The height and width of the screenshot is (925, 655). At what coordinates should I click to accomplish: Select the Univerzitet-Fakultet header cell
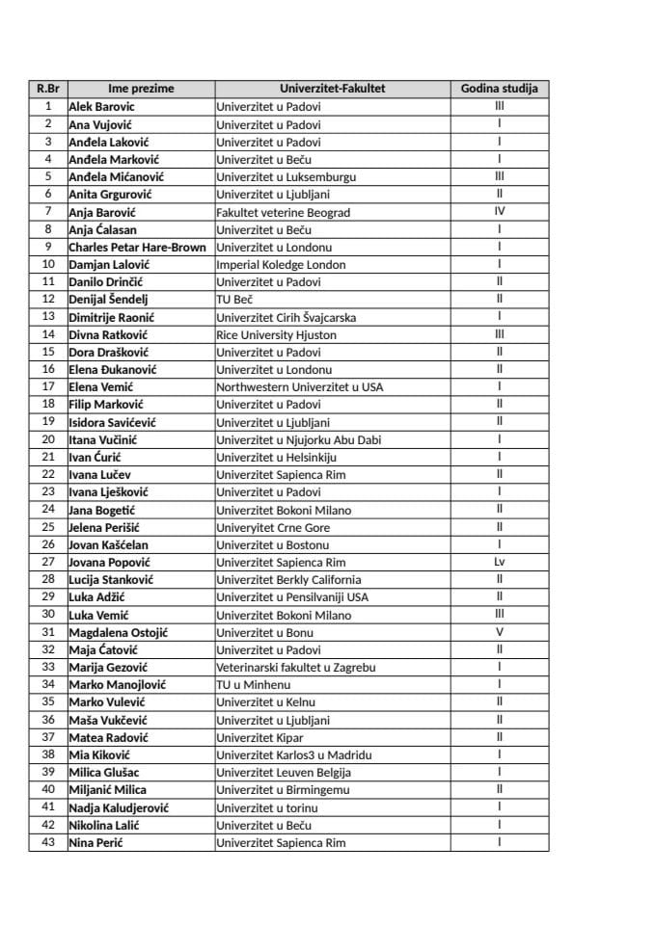coord(332,89)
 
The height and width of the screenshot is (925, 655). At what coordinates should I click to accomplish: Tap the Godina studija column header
coord(499,89)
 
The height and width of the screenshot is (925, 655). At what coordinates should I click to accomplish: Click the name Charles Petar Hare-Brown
coord(137,247)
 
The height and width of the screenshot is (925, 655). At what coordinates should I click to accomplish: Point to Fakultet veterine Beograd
coord(283,212)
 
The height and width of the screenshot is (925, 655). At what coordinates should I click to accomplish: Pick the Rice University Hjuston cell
coord(276,334)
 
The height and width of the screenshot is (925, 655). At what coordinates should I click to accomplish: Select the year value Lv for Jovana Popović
coord(499,562)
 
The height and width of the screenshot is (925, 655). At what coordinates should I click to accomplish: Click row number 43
coord(48,842)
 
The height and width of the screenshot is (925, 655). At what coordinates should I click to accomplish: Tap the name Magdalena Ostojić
coord(119,632)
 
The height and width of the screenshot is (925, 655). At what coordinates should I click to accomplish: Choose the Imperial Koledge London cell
coord(281,264)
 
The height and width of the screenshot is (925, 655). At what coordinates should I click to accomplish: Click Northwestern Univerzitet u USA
coord(299,386)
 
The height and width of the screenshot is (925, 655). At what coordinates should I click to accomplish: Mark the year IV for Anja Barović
coord(499,212)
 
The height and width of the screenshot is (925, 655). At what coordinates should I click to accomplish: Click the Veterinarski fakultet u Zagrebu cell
coord(295,667)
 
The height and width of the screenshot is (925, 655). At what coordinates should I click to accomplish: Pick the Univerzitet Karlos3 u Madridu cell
coord(293,754)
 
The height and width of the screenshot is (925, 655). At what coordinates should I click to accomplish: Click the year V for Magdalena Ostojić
coord(499,632)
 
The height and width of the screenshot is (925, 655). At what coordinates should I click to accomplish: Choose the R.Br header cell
coord(48,89)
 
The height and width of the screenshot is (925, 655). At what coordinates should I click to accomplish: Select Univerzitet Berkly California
coord(288,579)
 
